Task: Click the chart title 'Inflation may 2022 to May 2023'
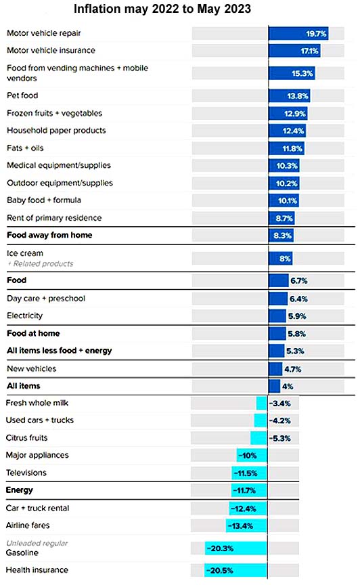tap(162, 9)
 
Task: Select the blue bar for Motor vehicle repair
tap(298, 34)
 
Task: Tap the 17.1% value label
tap(310, 51)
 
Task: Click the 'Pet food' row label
tap(22, 95)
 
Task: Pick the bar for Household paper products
tap(287, 131)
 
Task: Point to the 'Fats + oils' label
tap(25, 148)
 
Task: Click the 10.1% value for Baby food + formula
tap(288, 200)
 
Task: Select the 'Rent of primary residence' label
tap(54, 218)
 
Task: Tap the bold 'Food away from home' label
tap(49, 235)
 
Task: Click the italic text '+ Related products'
tap(41, 264)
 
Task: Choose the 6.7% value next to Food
tap(299, 280)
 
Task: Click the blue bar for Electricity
tap(277, 316)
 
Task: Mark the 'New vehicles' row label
tap(32, 368)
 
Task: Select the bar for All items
tap(274, 386)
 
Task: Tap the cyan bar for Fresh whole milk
tap(261, 404)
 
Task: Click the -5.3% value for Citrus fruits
tap(279, 438)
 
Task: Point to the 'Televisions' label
tap(26, 473)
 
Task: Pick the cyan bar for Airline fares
tap(246, 525)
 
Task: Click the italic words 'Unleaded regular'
tap(37, 543)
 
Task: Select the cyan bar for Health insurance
tap(235, 571)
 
